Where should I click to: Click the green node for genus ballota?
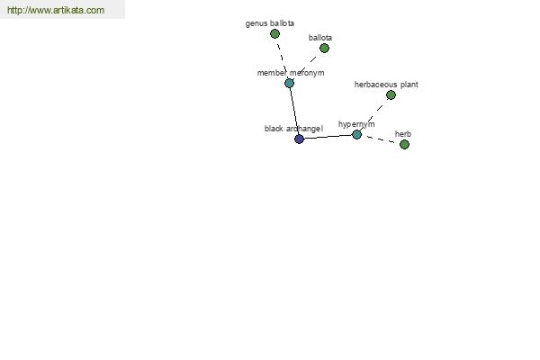[274, 34]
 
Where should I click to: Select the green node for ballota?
[324, 49]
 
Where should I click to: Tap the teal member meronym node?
[289, 83]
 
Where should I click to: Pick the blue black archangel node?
[300, 139]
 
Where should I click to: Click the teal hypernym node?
[356, 134]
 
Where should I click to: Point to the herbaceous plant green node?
[391, 94]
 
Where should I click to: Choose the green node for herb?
[404, 144]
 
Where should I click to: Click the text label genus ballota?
[270, 23]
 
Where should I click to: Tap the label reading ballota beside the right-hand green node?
[320, 38]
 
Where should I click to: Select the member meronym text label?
[291, 73]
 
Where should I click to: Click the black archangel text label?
[293, 129]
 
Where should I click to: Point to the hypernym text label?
[356, 124]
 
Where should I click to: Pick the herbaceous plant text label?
[386, 85]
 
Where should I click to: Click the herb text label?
[403, 134]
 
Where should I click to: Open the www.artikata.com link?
[56, 10]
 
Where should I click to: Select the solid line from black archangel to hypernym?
[328, 137]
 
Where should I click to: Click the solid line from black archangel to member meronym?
[294, 111]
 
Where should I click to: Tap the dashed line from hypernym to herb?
[381, 139]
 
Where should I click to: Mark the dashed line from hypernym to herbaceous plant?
[374, 114]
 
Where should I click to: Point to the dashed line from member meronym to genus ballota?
[282, 58]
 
